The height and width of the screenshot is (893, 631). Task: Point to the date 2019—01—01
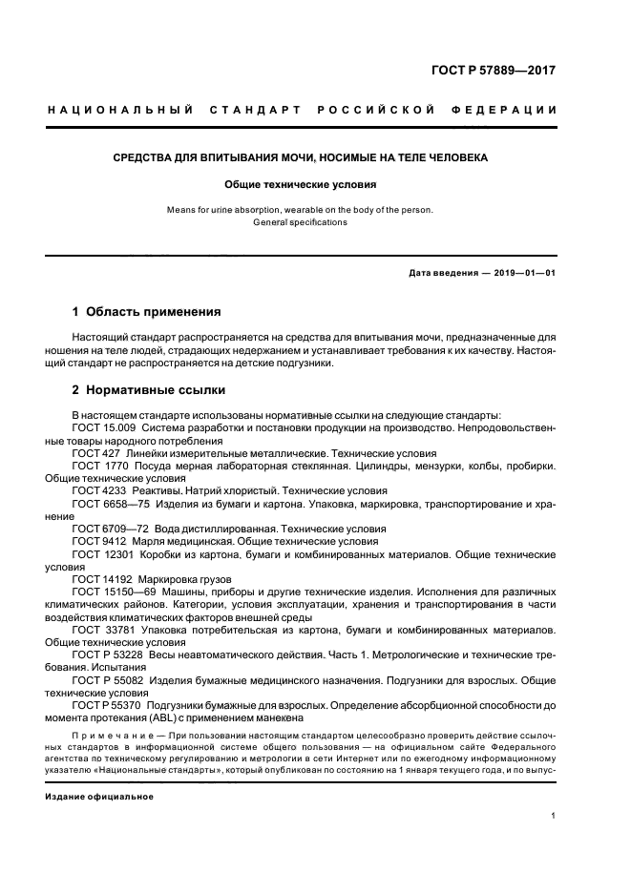tap(524, 273)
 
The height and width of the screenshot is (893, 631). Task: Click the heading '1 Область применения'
tap(147, 311)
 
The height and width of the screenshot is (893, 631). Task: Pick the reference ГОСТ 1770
tap(98, 466)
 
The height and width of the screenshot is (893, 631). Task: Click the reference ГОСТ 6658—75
tap(112, 503)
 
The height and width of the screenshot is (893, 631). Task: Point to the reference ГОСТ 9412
tap(98, 540)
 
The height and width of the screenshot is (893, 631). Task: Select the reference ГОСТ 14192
tap(102, 578)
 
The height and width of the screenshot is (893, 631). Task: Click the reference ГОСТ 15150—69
tap(112, 591)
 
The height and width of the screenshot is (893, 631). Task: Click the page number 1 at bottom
tap(554, 816)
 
